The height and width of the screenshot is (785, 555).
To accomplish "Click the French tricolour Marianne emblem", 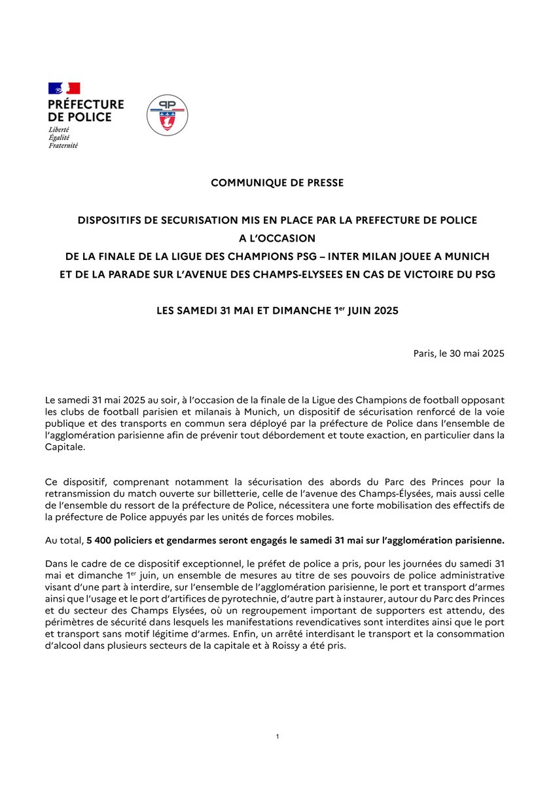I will (x=64, y=88).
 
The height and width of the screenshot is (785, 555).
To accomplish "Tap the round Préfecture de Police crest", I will (x=166, y=115).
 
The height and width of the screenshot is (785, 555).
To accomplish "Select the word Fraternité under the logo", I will (x=63, y=145).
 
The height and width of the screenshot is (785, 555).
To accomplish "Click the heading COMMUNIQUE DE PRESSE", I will (x=277, y=183).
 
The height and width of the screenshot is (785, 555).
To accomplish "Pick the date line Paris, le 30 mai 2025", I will (x=458, y=354).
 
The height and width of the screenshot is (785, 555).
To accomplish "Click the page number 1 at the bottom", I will (x=277, y=737).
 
